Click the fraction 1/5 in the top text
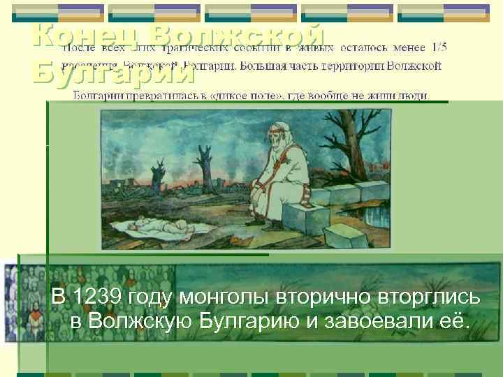coord(439,47)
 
